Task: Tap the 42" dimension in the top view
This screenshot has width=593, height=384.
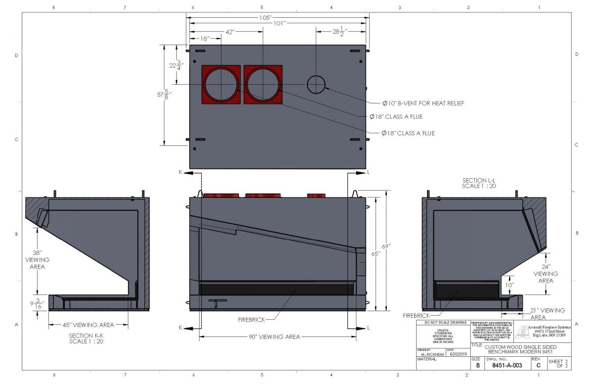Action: (229, 32)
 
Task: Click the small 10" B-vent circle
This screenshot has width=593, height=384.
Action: (317, 85)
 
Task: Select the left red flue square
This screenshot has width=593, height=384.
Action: (221, 85)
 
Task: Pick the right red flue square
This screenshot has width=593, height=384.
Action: (263, 85)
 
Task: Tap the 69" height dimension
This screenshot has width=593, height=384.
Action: (386, 246)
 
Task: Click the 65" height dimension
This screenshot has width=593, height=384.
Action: (376, 253)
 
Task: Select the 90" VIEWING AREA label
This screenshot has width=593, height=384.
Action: (278, 337)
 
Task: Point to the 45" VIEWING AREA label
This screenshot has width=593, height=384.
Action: (87, 325)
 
